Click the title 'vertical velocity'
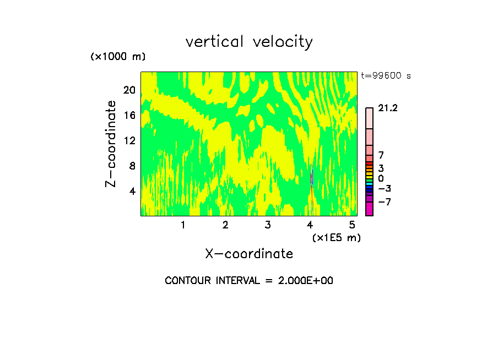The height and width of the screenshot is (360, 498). point(249,42)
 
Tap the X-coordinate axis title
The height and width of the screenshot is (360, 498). point(249,254)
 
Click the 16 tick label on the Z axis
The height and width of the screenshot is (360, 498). point(128,115)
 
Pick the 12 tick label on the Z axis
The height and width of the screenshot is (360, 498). point(128,140)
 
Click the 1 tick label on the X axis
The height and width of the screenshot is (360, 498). point(183,225)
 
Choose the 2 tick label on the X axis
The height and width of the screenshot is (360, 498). point(225,225)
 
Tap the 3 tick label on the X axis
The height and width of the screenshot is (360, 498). point(268,225)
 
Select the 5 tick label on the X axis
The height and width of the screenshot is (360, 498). point(352,225)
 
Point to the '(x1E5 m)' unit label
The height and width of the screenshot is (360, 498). point(337,238)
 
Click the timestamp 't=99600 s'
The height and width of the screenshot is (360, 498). point(386,76)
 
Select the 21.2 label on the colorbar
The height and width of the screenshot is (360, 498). point(388,108)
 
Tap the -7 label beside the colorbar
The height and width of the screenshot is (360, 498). point(385,202)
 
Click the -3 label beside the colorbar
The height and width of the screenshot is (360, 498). point(385,189)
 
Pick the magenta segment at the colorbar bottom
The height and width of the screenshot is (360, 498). point(369,209)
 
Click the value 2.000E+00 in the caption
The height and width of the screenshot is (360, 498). point(301,281)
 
